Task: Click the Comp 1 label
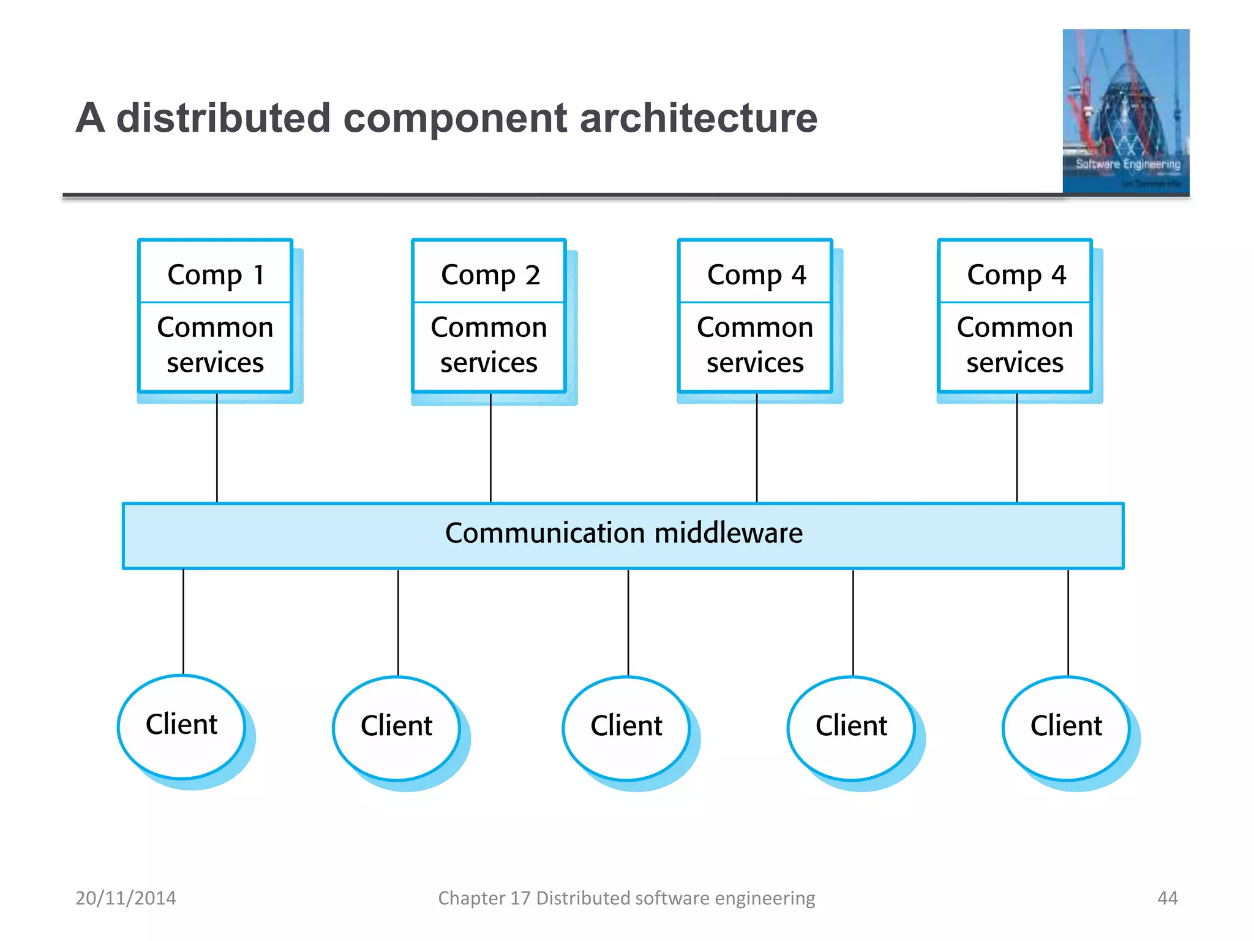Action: click(216, 274)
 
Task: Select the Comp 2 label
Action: click(490, 274)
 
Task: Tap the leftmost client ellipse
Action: click(181, 725)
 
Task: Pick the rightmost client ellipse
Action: click(1066, 727)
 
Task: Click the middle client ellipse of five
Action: click(626, 727)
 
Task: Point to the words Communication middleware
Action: click(623, 533)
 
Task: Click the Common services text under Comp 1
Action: click(216, 345)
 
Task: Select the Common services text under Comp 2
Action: click(489, 345)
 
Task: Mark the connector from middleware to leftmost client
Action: click(183, 622)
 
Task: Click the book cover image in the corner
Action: click(1125, 111)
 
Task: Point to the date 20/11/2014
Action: click(126, 898)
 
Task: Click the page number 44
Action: click(1167, 898)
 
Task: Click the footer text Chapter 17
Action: click(484, 898)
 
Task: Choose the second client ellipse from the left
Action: click(396, 727)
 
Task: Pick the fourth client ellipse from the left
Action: click(851, 727)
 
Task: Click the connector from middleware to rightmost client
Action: click(1068, 622)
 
